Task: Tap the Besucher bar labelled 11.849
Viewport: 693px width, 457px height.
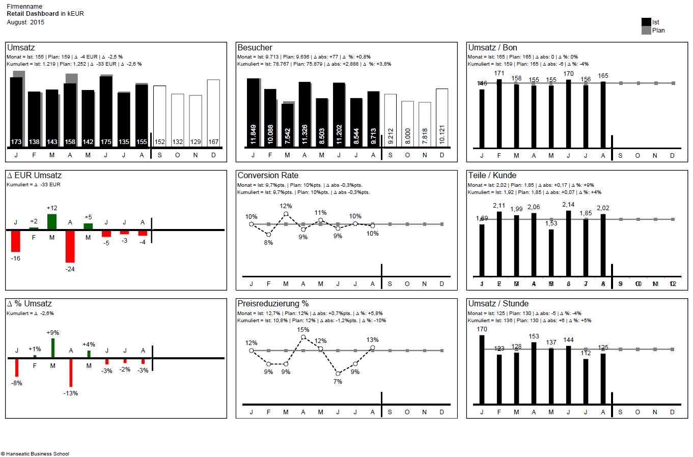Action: point(253,112)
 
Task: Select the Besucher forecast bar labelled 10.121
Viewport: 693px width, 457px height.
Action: point(442,118)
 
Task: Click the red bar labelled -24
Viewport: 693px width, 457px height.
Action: point(70,246)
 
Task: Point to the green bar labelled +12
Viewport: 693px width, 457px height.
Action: point(52,221)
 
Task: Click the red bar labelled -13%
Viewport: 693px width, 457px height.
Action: point(71,373)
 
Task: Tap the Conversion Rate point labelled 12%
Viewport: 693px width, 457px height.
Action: point(286,214)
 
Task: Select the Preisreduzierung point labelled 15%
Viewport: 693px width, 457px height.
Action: point(303,337)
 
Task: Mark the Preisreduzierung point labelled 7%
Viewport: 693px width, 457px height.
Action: point(338,374)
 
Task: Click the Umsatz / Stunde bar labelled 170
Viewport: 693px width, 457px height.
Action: point(482,369)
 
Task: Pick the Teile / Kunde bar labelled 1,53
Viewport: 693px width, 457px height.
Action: point(551,252)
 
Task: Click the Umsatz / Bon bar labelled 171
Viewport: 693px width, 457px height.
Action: point(500,113)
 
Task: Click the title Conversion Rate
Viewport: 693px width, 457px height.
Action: point(268,176)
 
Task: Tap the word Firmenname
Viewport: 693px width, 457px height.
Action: point(24,7)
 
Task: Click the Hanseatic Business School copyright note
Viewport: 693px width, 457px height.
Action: point(35,453)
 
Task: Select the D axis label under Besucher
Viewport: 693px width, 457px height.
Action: point(442,155)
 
